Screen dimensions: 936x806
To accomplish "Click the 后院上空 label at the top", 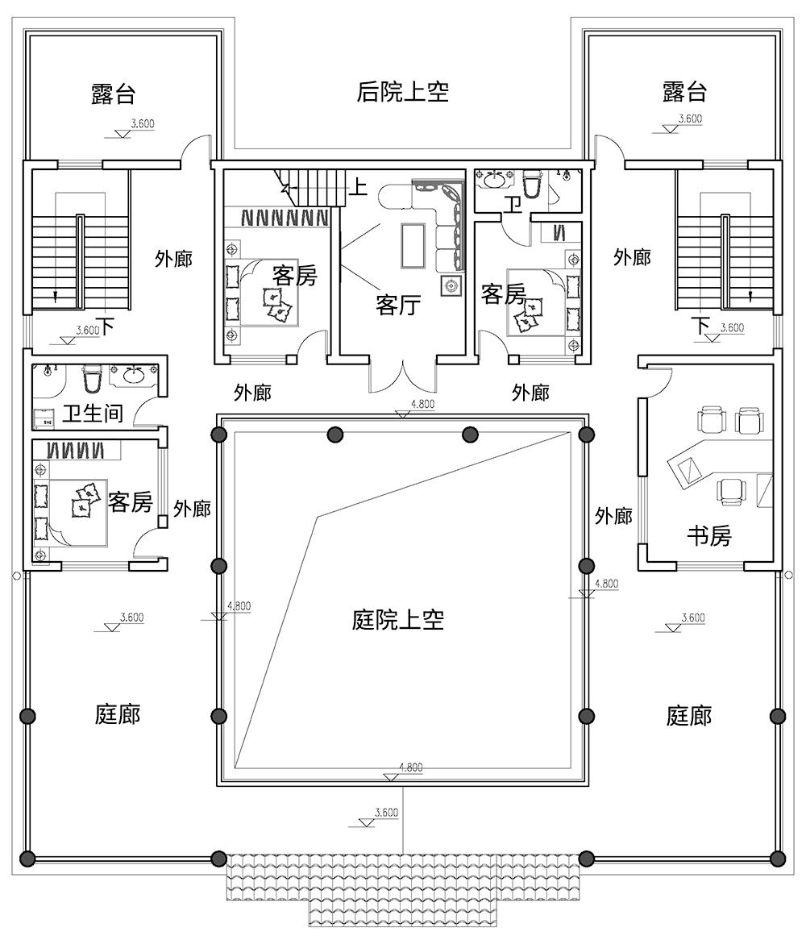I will (x=402, y=92).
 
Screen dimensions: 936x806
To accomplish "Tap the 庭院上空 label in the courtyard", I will (x=398, y=620).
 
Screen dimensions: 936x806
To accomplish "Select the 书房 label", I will (x=708, y=535).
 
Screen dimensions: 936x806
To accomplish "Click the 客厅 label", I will (x=398, y=305).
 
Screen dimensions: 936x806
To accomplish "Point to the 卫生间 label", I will (x=93, y=414).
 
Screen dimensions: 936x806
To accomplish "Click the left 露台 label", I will (x=113, y=94).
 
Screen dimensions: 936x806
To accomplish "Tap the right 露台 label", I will (x=684, y=92).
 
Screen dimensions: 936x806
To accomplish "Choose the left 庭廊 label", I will (x=118, y=714).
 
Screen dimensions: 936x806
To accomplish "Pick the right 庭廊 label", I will (x=689, y=715).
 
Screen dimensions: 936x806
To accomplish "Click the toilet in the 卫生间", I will (x=91, y=378).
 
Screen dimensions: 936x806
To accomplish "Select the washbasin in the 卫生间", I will (x=133, y=376).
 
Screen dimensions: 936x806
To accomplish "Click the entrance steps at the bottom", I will (x=403, y=887).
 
